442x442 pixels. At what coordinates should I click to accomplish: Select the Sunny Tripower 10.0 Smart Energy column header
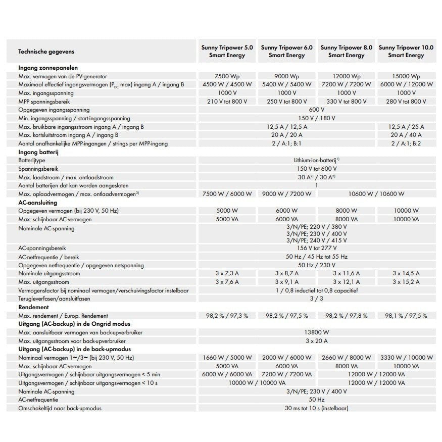click(x=406, y=51)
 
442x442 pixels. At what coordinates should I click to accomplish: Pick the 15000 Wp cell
click(x=407, y=76)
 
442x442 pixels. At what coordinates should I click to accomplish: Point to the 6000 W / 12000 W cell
click(x=407, y=84)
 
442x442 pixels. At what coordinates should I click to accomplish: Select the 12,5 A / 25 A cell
click(x=407, y=126)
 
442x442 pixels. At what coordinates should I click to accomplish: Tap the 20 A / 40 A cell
click(x=407, y=135)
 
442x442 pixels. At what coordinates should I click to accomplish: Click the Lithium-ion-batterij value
click(x=316, y=160)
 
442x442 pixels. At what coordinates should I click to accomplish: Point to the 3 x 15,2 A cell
click(x=407, y=282)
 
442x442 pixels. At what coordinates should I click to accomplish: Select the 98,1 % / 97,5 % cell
click(x=407, y=316)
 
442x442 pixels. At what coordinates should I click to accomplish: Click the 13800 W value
click(x=316, y=332)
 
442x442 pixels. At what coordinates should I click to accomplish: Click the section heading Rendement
click(x=33, y=307)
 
